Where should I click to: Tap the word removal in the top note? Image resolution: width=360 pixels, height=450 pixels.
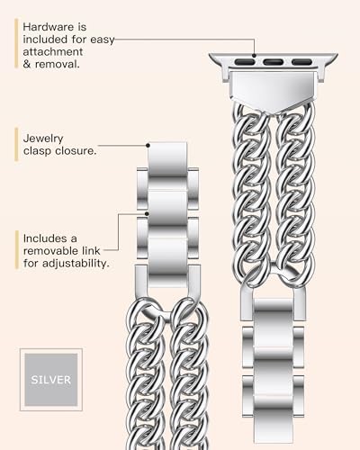58,64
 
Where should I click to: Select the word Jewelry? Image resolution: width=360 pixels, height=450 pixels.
43,139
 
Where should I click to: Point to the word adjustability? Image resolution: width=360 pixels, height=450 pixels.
75,264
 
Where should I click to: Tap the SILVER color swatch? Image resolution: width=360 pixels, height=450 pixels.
51,380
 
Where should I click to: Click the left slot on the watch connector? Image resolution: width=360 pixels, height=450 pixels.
245,62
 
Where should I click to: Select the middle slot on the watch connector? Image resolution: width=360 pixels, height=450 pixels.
274,62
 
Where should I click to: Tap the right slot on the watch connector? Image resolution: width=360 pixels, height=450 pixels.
301,62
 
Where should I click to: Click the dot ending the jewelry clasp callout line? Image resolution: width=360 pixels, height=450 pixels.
148,146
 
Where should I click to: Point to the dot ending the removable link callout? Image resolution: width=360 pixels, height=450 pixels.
147,213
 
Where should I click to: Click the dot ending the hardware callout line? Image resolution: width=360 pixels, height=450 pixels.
254,56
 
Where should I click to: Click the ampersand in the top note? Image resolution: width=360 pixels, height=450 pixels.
27,64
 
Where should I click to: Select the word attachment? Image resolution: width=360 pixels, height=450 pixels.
53,51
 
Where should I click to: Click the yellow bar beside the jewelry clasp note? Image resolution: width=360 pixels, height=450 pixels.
16,145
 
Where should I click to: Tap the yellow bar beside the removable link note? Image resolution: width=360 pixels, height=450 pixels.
17,249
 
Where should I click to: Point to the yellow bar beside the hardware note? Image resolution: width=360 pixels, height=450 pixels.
16,43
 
